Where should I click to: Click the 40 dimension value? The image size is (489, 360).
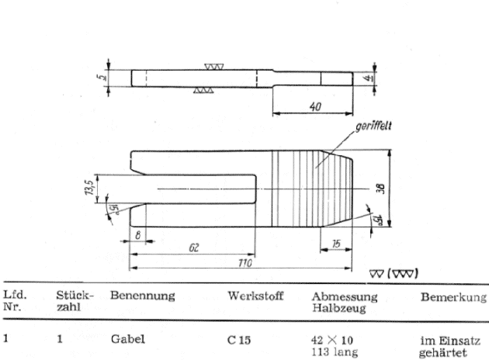315,106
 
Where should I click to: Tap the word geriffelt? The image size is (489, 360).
373,126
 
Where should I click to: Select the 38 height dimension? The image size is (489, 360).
380,189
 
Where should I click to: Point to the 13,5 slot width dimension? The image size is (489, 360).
88,188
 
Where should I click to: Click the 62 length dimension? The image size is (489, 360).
194,247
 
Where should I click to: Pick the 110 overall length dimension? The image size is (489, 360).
244,263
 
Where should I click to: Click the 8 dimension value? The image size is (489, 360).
138,235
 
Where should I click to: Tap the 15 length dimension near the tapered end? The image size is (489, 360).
336,244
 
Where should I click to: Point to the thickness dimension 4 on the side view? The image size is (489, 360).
369,78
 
